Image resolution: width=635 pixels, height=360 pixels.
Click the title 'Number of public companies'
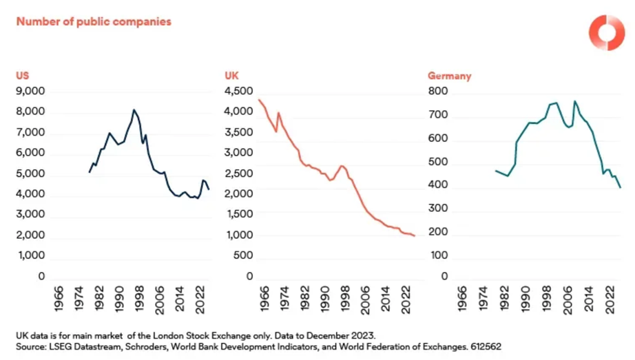[x=94, y=21]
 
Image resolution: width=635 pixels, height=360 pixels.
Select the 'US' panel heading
[x=22, y=76]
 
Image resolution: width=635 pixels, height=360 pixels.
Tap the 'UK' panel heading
[x=231, y=76]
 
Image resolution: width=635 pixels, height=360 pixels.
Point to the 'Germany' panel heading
[x=449, y=76]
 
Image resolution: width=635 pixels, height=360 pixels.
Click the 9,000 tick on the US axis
[x=30, y=91]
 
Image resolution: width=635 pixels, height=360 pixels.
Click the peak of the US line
[x=134, y=109]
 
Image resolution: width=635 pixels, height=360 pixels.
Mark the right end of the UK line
[x=415, y=236]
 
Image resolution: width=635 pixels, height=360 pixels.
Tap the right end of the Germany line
[x=621, y=187]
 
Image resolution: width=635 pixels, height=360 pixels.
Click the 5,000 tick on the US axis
[x=30, y=173]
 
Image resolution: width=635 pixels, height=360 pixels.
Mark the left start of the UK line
[x=258, y=100]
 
